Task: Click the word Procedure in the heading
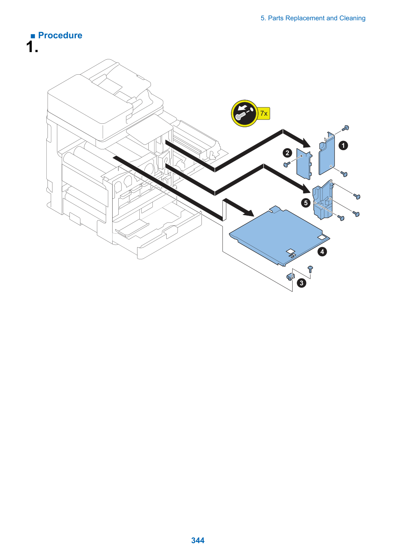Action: [60, 35]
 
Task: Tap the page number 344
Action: [198, 540]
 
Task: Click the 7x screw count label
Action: [264, 113]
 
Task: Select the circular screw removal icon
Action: [244, 113]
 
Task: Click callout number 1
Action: [343, 146]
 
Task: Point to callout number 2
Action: [287, 153]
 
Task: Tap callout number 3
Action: [301, 283]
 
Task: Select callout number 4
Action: [322, 252]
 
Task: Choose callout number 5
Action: [306, 203]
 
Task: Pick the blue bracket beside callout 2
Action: [304, 164]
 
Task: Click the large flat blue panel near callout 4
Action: [280, 236]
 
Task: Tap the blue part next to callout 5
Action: [323, 200]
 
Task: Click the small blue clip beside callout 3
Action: [290, 277]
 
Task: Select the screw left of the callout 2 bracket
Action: [287, 164]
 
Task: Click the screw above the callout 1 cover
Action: [346, 128]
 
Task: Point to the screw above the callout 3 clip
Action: [310, 269]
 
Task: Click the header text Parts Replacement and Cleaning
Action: [316, 18]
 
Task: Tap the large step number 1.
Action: [32, 47]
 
